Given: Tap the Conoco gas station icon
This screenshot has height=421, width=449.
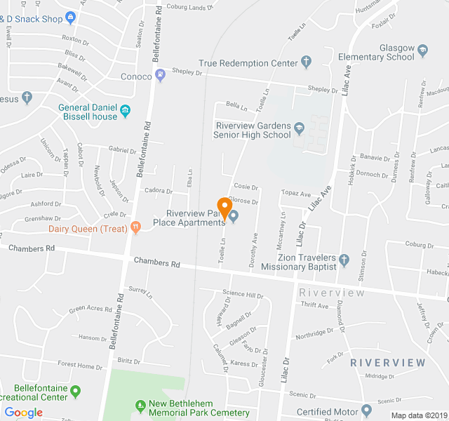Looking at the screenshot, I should click(x=161, y=76).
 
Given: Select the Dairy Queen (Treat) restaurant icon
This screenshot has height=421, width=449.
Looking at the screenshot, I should click(x=135, y=228).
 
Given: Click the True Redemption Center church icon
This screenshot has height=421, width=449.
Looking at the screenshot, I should click(x=306, y=63).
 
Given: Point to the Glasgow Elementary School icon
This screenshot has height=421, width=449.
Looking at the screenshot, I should click(x=422, y=50).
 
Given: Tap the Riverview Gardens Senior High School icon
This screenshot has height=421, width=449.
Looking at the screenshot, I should click(x=300, y=127).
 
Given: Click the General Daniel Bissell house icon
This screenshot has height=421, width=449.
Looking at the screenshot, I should click(x=125, y=110).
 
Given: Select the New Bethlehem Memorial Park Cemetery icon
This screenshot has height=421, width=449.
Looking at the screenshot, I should click(x=140, y=405).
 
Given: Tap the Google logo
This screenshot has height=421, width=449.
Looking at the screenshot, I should click(x=23, y=413).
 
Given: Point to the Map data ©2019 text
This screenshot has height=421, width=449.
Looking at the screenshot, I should click(x=418, y=415).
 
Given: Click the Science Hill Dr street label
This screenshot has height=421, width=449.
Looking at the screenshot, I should click(x=243, y=295).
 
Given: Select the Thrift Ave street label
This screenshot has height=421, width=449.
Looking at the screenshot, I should click(x=314, y=305).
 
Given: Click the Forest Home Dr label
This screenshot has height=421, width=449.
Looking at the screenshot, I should click(x=80, y=366).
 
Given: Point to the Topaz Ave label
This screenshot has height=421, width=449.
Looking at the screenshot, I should click(x=295, y=193).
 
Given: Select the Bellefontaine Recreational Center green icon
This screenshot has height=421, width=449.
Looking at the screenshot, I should click(x=76, y=391).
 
